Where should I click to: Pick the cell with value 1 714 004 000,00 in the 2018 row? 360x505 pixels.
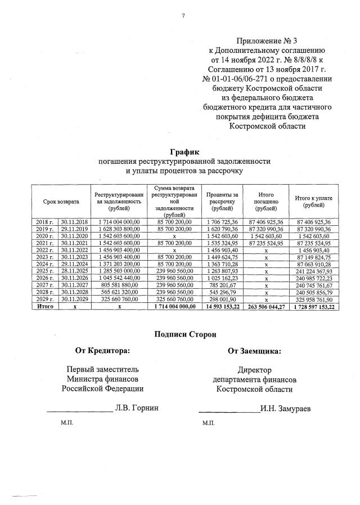click(119, 222)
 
